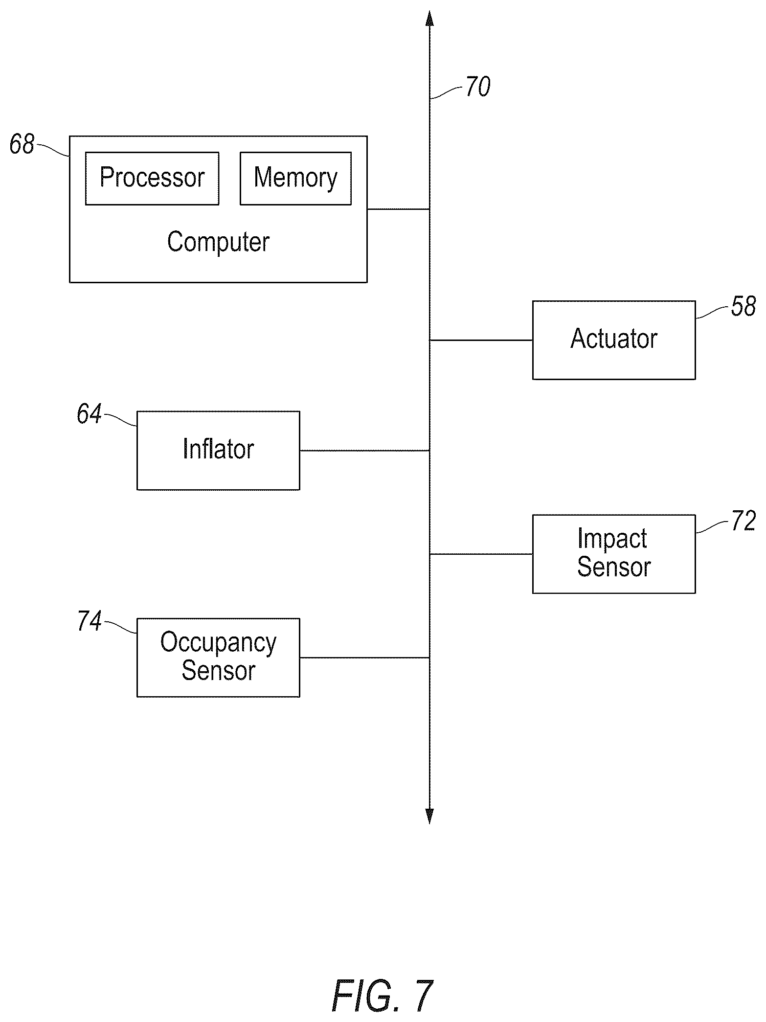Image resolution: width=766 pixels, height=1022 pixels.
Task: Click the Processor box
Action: pos(152,178)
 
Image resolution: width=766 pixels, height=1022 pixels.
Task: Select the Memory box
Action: pos(295,178)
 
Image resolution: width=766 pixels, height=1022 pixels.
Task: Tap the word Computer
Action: pos(218,242)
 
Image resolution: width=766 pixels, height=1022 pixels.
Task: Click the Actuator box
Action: pos(614,340)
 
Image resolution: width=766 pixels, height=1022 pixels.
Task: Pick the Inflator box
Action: pos(218,450)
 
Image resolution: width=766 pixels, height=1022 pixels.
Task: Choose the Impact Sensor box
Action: pos(614,554)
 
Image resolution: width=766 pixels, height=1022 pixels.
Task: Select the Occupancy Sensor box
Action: pos(218,658)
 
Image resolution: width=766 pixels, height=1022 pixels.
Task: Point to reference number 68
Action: pos(22,145)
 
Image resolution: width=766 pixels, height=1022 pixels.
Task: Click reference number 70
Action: pos(477,87)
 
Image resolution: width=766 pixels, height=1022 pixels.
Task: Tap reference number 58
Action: pos(743,307)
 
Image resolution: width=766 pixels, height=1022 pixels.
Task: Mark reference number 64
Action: pos(89,414)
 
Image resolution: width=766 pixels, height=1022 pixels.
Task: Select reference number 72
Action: pos(743,522)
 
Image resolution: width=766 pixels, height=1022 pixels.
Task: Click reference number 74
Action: pos(90,621)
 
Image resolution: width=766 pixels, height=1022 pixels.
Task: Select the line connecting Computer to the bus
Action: pos(399,209)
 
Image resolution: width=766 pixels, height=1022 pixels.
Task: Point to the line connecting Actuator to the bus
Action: pos(481,340)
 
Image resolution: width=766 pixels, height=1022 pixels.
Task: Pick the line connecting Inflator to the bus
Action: pos(365,451)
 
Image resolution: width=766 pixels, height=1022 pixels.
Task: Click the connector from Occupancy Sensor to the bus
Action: pos(365,658)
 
